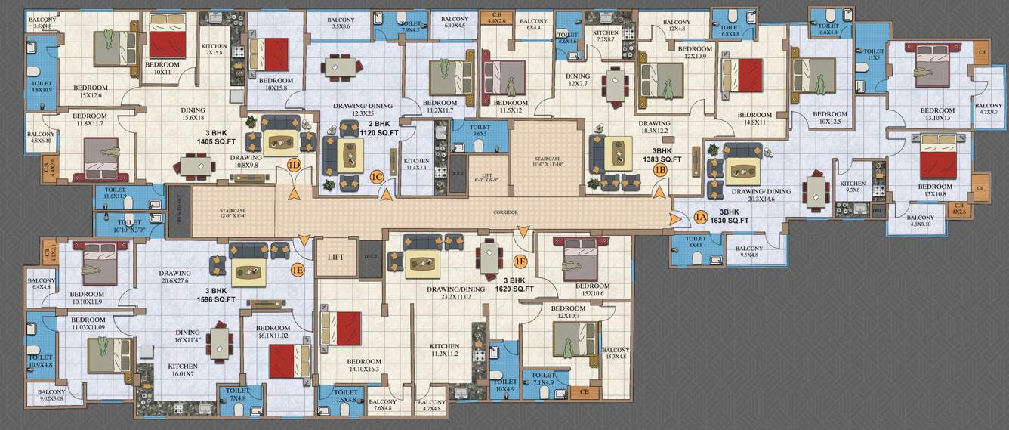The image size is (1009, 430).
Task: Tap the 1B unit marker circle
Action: [x=659, y=170]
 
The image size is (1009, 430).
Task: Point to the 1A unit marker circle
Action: [x=699, y=218]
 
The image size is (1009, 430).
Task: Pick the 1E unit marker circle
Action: [x=298, y=268]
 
